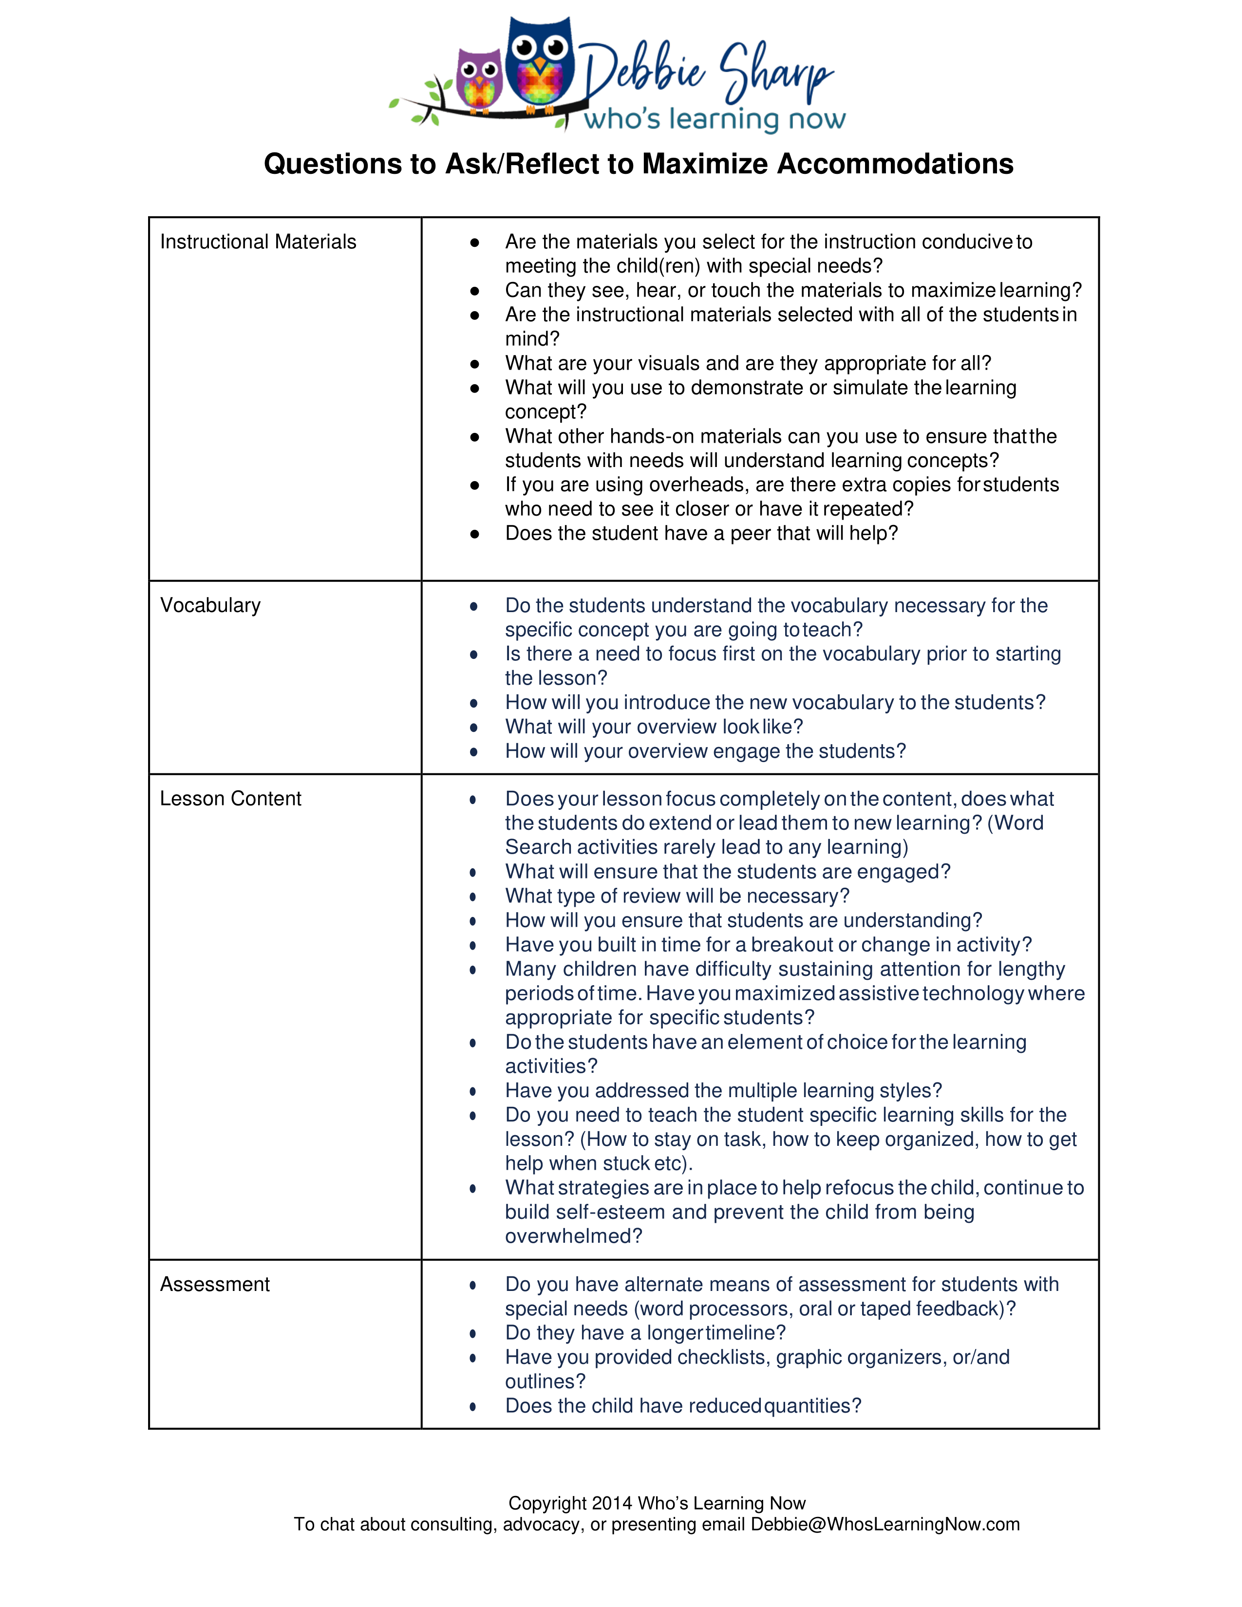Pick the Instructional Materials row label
click(258, 242)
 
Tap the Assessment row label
click(215, 1284)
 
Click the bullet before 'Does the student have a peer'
click(474, 534)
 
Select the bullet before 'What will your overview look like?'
click(474, 728)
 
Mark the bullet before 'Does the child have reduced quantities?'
click(473, 1407)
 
